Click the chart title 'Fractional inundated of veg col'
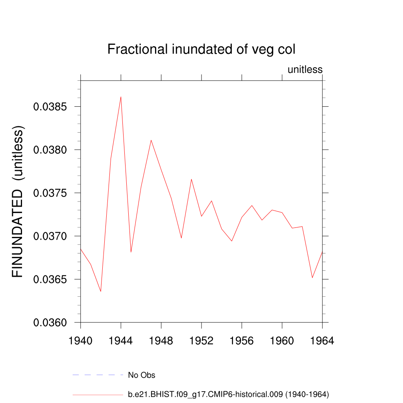tap(201, 50)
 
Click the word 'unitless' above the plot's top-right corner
tap(305, 70)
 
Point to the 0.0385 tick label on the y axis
tap(52, 107)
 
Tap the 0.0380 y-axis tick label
tap(52, 150)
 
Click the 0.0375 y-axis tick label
tap(52, 193)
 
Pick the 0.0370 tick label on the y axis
tap(52, 236)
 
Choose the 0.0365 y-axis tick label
tap(52, 279)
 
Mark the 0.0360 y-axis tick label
tap(52, 323)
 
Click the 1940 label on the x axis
tap(81, 341)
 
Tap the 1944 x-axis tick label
tap(121, 341)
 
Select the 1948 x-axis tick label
tap(161, 341)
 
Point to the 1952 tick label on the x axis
tap(201, 341)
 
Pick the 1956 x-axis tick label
tap(242, 341)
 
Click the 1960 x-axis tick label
tap(282, 341)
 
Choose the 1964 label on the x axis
tap(322, 341)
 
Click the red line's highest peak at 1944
tap(121, 97)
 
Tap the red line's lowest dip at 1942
tap(101, 291)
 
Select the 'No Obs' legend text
tap(142, 375)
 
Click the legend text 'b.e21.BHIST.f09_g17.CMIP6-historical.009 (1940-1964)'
tap(228, 394)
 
